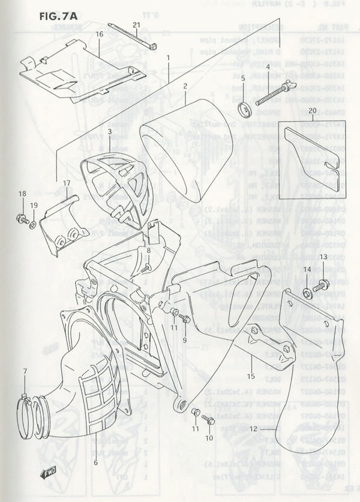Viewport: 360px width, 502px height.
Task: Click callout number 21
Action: click(136, 25)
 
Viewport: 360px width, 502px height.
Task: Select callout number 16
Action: click(100, 35)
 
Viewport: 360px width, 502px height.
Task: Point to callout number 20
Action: click(312, 110)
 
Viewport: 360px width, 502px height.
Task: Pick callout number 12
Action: click(253, 428)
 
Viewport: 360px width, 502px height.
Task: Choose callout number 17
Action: click(66, 183)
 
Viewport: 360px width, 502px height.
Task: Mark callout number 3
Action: click(110, 131)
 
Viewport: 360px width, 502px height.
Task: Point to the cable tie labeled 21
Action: click(131, 38)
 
